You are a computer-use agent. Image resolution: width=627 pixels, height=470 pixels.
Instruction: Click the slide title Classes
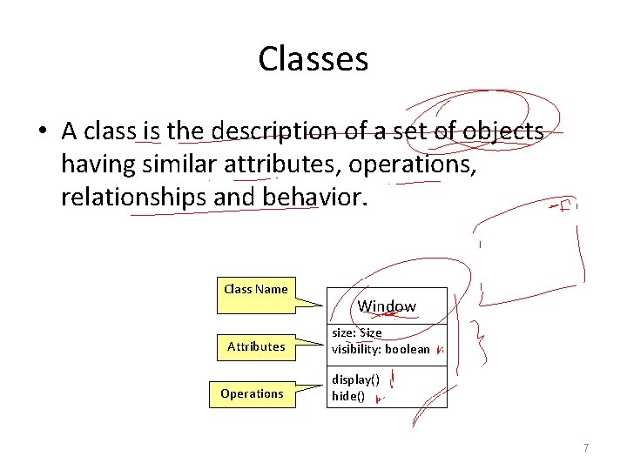313,59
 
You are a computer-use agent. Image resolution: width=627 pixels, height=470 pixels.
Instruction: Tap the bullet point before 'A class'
42,132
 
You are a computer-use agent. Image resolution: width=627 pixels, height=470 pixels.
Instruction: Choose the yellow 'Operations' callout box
252,393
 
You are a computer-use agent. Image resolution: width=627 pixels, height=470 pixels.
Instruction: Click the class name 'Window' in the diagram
387,306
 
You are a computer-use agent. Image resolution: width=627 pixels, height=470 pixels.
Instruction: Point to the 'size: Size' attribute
356,332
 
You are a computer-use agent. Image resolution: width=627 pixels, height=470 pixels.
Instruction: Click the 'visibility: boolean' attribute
381,349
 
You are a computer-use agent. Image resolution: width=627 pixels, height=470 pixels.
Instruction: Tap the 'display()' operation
354,380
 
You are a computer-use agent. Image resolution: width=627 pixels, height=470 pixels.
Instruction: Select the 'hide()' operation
348,396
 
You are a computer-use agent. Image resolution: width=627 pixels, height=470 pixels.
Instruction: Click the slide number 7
586,447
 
